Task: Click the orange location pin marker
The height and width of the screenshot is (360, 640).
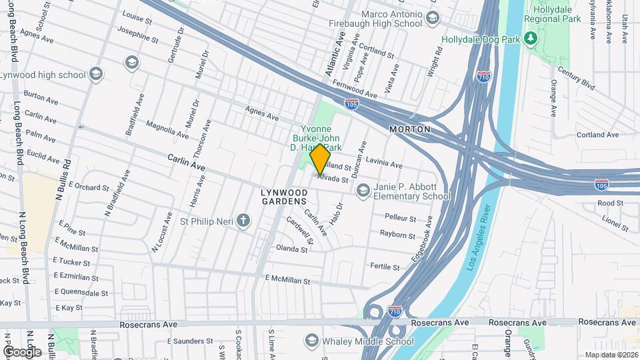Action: click(x=320, y=159)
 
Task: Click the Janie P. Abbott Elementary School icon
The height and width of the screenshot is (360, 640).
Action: click(x=363, y=191)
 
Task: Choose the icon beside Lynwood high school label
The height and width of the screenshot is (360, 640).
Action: click(x=97, y=74)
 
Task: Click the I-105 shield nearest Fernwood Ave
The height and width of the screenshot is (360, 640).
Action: click(x=351, y=104)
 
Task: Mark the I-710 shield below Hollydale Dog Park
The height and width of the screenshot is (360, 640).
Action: click(x=484, y=77)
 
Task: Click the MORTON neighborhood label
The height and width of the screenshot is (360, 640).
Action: click(x=410, y=129)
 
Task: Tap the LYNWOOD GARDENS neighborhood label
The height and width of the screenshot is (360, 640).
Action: click(x=284, y=196)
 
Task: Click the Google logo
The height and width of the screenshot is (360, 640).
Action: click(x=22, y=351)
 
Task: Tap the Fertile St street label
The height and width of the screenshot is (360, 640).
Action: click(x=385, y=267)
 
